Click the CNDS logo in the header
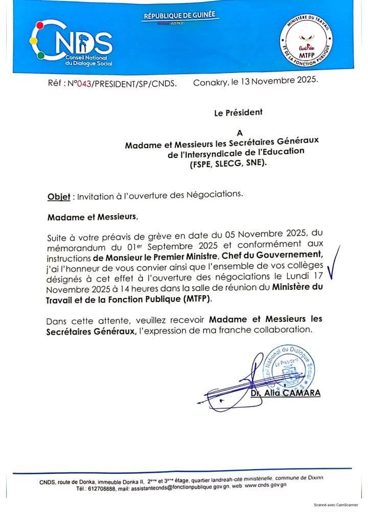pyautogui.click(x=72, y=43)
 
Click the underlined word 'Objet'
pyautogui.click(x=59, y=196)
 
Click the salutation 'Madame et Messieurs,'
pyautogui.click(x=93, y=217)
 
